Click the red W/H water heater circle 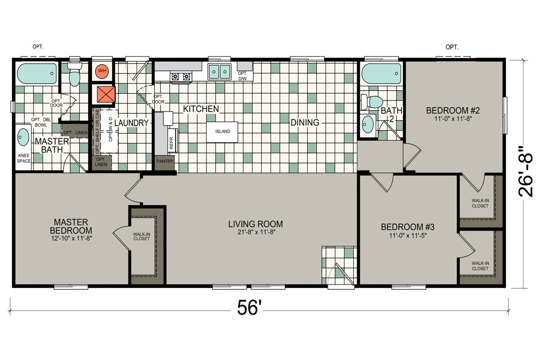coord(102,71)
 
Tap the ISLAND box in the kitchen coord(222,132)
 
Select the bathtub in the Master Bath coord(37,73)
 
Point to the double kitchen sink coord(219,72)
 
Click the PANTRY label coord(165,161)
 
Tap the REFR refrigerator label coord(171,143)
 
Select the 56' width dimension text coord(249,308)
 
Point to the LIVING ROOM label coord(256,224)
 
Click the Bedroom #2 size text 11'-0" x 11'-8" coord(453,118)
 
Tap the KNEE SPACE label coord(24,159)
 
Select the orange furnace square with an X coord(106,94)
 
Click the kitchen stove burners coord(181,77)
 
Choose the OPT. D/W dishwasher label coord(243,76)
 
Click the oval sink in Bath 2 coord(367,124)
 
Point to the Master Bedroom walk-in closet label coord(141,236)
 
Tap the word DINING coord(305,123)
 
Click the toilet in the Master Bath coord(75,74)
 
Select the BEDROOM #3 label coord(408,227)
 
